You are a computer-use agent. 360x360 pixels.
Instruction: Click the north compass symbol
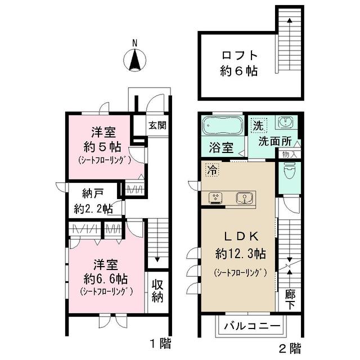point(134,58)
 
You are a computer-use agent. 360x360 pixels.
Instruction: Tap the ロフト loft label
point(239,56)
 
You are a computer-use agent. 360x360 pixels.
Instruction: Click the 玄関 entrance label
point(157,125)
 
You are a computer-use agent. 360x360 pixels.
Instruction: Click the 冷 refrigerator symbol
point(211,168)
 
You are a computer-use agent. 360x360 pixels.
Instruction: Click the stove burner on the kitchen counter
point(216,197)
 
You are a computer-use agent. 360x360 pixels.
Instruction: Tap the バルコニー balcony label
point(253,326)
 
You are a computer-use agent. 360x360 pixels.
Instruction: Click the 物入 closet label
point(290,154)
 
